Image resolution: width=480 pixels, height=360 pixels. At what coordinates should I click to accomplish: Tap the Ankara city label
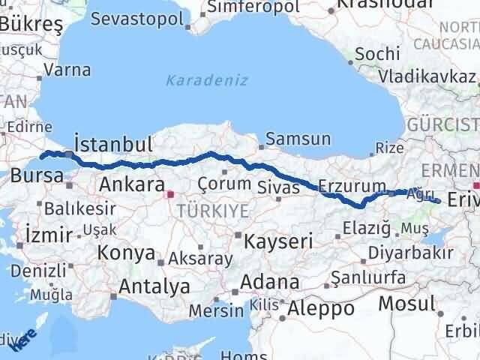pyautogui.click(x=131, y=184)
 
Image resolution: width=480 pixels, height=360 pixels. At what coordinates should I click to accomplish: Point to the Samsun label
pyautogui.click(x=298, y=139)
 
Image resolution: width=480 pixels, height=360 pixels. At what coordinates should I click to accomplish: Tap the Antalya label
pyautogui.click(x=154, y=286)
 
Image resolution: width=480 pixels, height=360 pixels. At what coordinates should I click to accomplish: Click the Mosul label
pyautogui.click(x=406, y=304)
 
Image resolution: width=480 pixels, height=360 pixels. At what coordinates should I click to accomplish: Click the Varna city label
pyautogui.click(x=67, y=70)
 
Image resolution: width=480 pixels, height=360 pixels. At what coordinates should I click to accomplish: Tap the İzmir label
pyautogui.click(x=48, y=234)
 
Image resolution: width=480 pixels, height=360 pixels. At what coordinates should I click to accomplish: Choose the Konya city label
pyautogui.click(x=126, y=253)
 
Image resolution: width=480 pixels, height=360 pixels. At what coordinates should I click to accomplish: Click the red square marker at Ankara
pyautogui.click(x=170, y=194)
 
